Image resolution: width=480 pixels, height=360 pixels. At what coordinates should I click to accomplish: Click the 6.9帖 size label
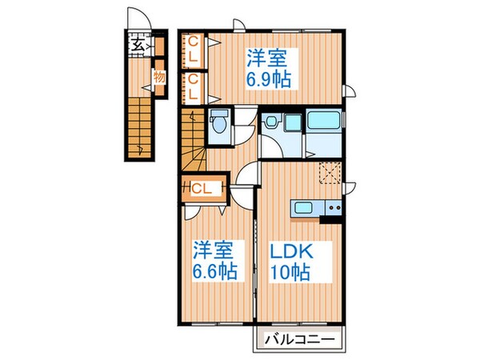[x=268, y=81]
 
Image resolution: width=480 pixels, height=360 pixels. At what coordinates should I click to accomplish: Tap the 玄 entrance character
[x=138, y=44]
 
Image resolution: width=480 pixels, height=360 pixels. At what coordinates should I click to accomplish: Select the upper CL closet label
[x=193, y=50]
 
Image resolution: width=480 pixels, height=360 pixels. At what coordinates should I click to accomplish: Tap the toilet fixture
[x=218, y=123]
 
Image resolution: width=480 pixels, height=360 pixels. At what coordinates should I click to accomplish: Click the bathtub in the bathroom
[x=324, y=123]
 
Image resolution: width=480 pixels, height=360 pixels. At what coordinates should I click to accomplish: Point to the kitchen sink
[x=305, y=210]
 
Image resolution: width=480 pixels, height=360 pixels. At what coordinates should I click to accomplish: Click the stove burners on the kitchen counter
[x=332, y=210]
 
